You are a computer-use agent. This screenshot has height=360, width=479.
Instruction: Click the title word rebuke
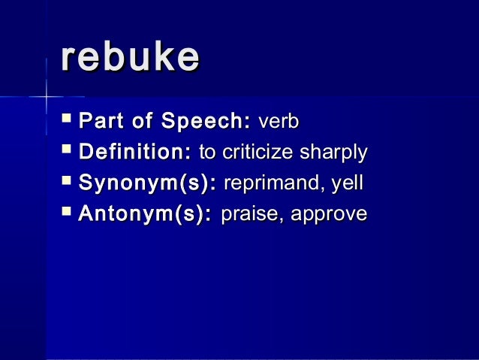pos(130,58)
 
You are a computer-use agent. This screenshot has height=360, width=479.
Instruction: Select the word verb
pos(279,122)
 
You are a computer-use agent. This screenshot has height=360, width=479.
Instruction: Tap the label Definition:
pos(135,153)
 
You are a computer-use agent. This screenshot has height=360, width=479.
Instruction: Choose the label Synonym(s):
pos(149,183)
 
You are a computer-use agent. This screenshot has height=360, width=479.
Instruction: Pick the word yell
pos(348,184)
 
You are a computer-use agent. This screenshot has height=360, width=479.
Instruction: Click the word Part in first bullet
pos(101,122)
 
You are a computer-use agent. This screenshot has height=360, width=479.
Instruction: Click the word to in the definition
pos(205,153)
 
